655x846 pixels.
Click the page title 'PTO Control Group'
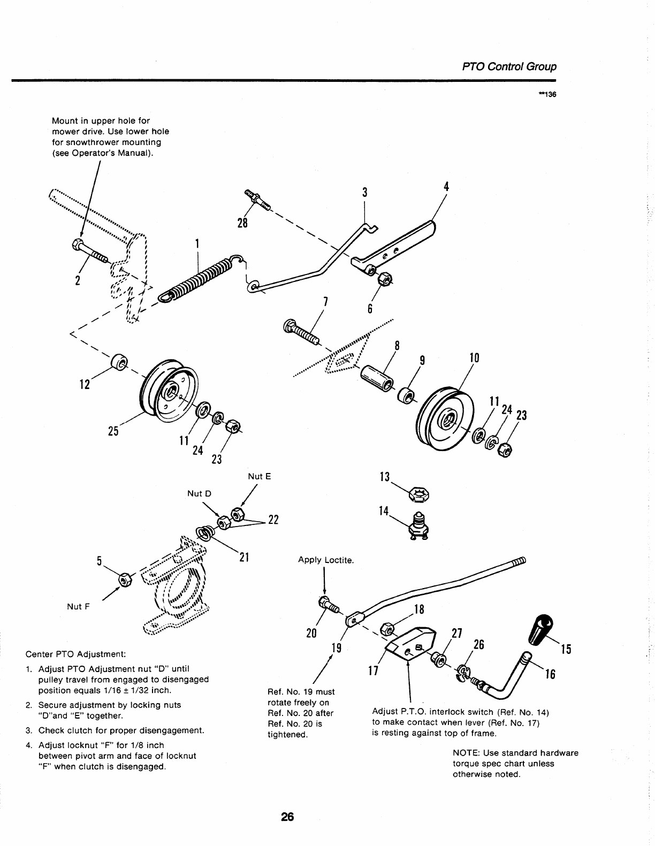[509, 67]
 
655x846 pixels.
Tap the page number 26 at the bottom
[287, 817]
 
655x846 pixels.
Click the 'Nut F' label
[78, 606]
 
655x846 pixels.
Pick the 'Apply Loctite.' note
[326, 560]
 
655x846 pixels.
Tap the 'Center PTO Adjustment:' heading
[76, 654]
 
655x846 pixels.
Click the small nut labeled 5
[124, 580]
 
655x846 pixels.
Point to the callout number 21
[244, 557]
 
